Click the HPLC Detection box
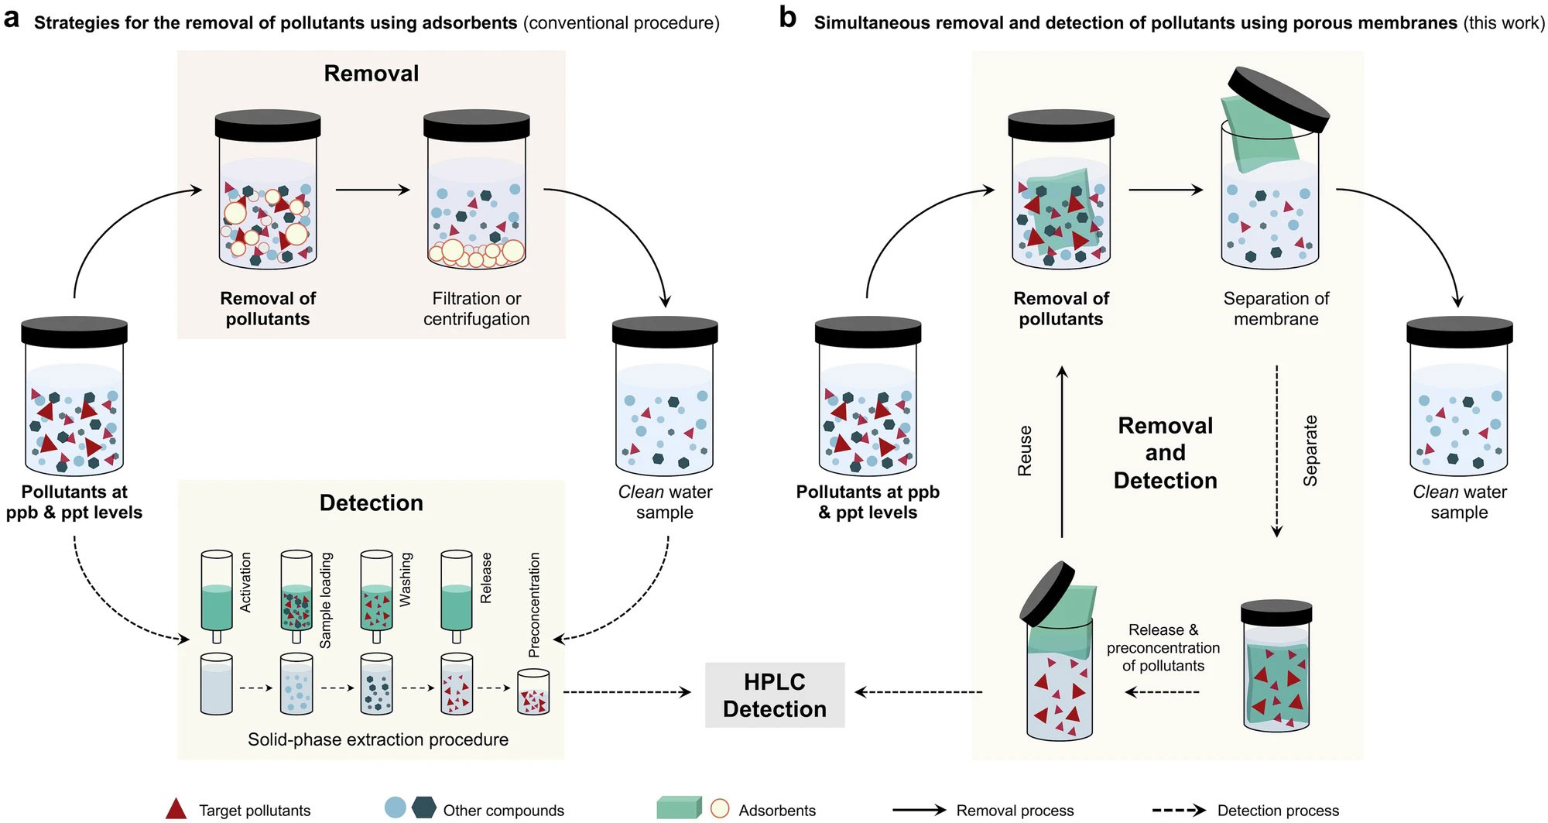point(774,695)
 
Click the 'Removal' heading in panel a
point(371,74)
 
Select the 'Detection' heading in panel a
point(371,503)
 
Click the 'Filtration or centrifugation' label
point(476,309)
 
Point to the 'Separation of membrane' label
point(1276,309)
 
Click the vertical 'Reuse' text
point(1025,451)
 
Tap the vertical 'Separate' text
point(1310,451)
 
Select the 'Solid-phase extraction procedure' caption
point(378,739)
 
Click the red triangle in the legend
point(176,809)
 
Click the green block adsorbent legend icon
point(678,808)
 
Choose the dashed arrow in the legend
point(1178,811)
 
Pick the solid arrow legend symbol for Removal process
point(919,811)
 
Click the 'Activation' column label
point(246,582)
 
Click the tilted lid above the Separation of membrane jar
point(1279,97)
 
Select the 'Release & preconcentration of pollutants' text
point(1163,647)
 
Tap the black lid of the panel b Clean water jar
point(1458,331)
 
